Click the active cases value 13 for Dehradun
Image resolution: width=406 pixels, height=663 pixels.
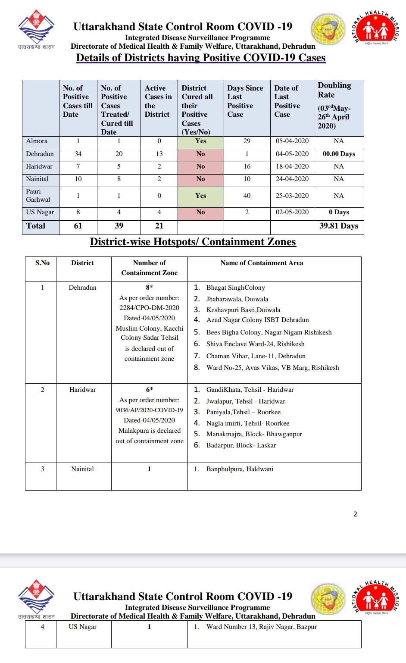click(159, 154)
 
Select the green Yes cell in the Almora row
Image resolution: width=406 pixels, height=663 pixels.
click(200, 141)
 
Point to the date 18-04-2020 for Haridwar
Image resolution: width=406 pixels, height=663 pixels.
click(292, 166)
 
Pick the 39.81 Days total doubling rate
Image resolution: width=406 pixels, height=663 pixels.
click(339, 226)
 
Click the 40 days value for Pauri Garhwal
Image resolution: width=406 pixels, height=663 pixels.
click(247, 196)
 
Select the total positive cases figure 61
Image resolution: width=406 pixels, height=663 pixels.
click(78, 226)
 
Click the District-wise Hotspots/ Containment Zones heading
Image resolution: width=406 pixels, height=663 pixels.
click(193, 242)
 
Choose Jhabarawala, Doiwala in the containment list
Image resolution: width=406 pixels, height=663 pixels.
click(237, 299)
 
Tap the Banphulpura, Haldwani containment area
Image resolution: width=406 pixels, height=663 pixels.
click(240, 469)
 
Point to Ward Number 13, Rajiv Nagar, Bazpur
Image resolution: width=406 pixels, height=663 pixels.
click(261, 627)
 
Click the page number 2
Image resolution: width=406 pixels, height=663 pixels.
click(355, 514)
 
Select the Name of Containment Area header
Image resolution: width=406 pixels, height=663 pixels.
click(262, 263)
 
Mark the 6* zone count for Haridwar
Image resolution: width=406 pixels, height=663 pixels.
click(149, 390)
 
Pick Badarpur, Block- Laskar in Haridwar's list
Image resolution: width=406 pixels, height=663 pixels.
click(241, 445)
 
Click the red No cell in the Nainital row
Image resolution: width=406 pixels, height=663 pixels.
click(200, 179)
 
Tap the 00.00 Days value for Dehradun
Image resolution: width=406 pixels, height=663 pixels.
click(339, 154)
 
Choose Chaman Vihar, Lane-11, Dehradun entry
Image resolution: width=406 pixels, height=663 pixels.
click(256, 356)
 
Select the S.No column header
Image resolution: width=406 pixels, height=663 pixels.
click(42, 263)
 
